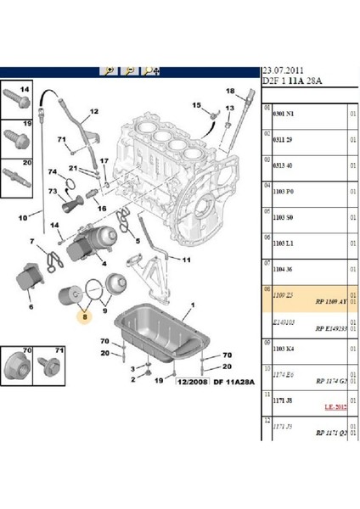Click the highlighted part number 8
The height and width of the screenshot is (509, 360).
click(x=83, y=315)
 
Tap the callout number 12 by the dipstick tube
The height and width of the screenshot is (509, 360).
click(x=95, y=111)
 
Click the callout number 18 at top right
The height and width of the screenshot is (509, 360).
click(x=230, y=91)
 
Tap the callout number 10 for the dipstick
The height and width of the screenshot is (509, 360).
click(x=24, y=217)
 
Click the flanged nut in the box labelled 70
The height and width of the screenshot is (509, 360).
click(x=21, y=366)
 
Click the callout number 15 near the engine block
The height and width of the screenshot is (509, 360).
click(x=195, y=105)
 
